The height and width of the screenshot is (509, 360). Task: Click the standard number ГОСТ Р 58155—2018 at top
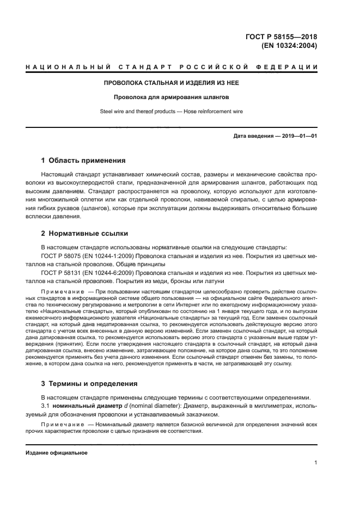click(282, 36)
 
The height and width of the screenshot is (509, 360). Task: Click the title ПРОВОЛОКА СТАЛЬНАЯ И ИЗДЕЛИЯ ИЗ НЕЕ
click(172, 83)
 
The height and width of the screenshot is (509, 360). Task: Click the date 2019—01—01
click(297, 135)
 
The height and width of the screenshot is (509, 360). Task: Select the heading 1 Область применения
click(83, 161)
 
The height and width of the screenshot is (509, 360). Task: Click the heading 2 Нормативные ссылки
click(84, 234)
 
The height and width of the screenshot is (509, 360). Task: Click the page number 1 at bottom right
click(316, 463)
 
